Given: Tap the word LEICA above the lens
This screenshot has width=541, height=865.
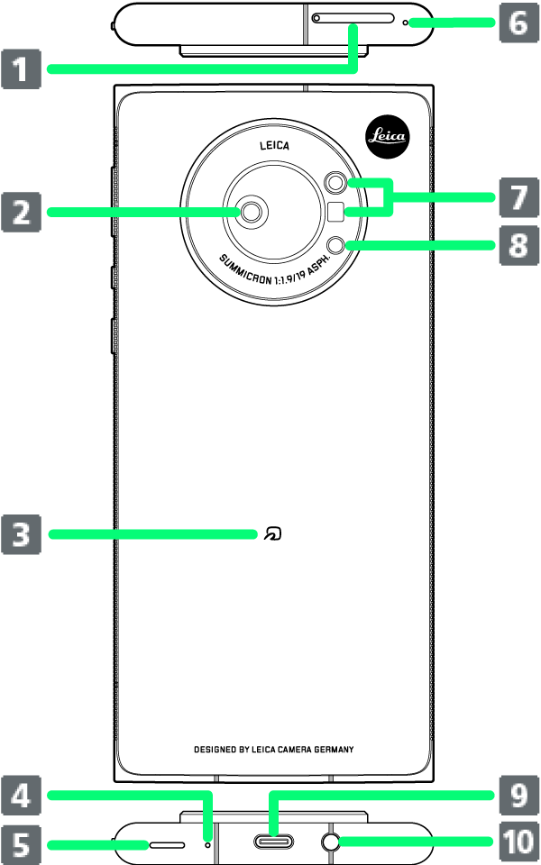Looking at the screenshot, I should click(274, 145).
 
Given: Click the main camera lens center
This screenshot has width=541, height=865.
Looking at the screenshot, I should click(252, 212).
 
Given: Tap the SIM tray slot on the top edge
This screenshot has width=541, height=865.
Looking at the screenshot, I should click(353, 18).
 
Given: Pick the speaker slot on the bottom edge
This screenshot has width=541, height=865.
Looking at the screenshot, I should click(167, 845).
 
